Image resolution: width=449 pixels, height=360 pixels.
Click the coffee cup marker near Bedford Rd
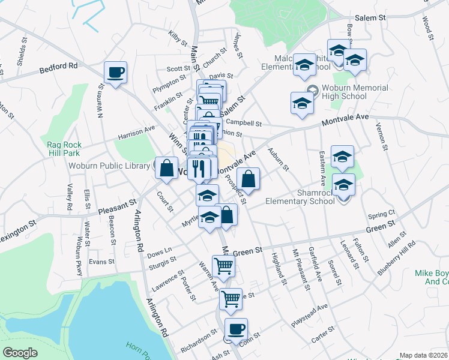[x=115, y=73]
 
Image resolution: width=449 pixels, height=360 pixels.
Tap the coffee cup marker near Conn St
[x=236, y=329]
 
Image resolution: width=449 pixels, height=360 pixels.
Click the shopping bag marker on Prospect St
[x=248, y=178]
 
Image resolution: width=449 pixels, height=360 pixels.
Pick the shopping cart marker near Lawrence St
[x=223, y=265]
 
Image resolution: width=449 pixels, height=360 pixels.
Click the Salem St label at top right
[x=370, y=19]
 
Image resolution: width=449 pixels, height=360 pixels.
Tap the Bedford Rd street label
[x=59, y=67]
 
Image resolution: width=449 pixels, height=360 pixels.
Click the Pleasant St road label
[x=116, y=208]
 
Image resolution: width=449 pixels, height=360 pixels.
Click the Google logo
[x=20, y=352]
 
